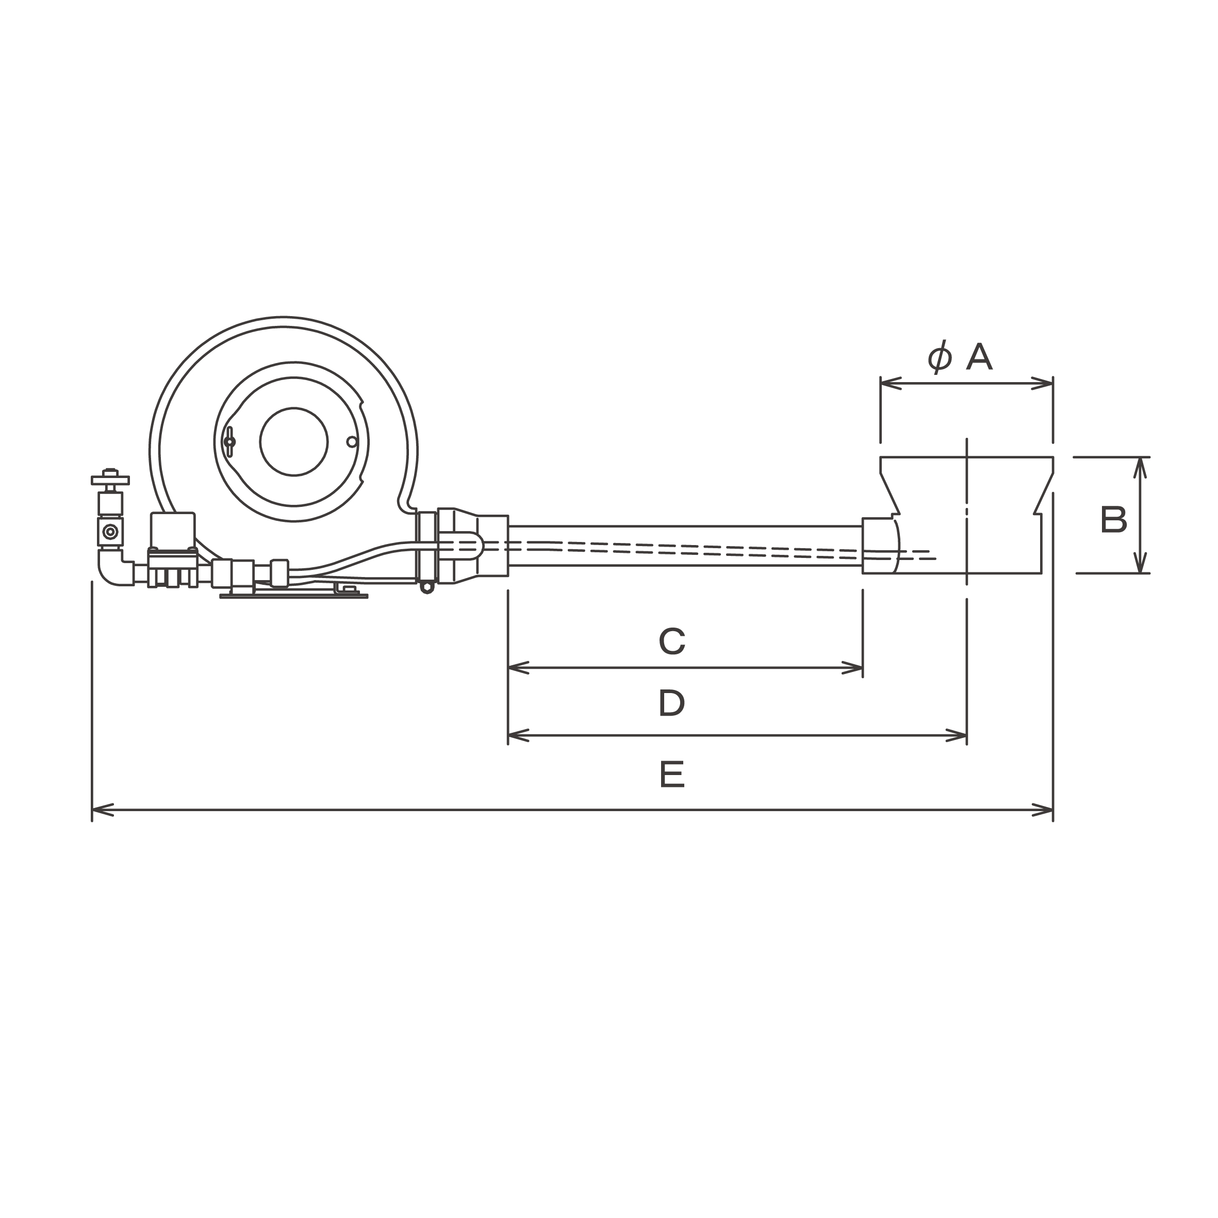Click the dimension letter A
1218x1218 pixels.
click(979, 357)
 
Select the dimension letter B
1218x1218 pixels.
click(1113, 520)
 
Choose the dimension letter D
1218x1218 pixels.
click(672, 703)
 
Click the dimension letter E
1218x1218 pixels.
click(672, 774)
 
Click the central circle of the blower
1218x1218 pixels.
click(294, 441)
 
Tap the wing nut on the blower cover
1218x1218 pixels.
click(229, 441)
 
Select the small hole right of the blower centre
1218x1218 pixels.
click(352, 442)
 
